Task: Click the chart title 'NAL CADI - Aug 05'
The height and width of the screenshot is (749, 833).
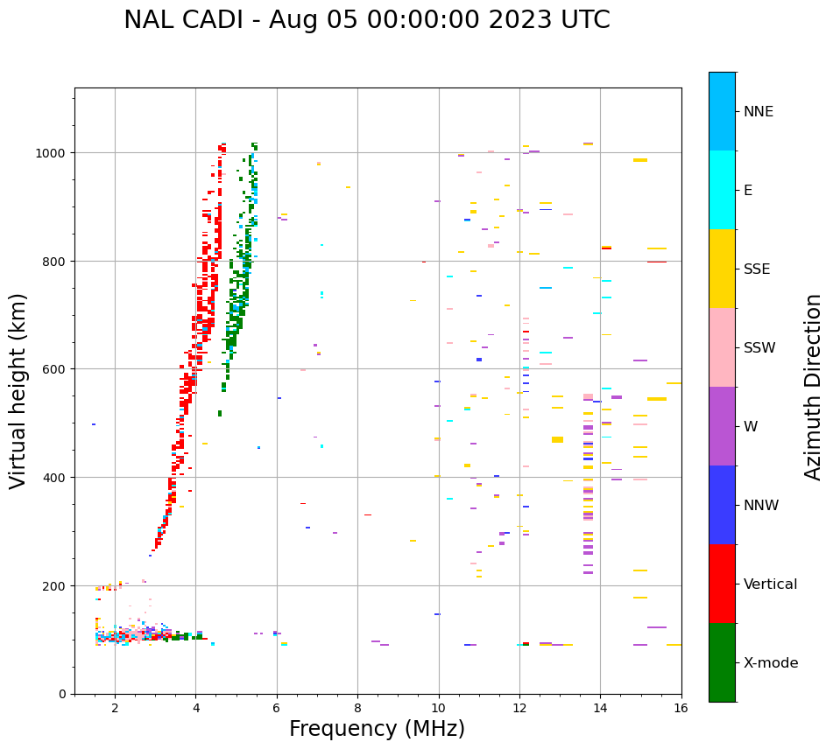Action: [366, 20]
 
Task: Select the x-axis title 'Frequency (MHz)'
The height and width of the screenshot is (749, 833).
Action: [377, 729]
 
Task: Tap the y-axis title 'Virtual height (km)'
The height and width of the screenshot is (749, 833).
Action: [18, 390]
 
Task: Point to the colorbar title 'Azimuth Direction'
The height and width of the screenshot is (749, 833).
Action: [814, 387]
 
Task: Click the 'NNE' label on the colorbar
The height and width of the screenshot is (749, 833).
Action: [759, 111]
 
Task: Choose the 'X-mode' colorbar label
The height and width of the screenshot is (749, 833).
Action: [771, 663]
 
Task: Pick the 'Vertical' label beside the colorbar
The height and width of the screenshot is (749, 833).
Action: [771, 584]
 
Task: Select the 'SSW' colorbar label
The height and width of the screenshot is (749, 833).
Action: [759, 348]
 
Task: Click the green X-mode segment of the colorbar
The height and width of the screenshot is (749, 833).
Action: [722, 662]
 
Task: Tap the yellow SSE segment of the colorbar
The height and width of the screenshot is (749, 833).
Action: [722, 269]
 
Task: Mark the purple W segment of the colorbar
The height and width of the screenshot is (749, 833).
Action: [722, 426]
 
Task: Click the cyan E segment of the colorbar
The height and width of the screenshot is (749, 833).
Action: [722, 190]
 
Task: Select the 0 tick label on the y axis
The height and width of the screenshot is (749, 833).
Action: [62, 694]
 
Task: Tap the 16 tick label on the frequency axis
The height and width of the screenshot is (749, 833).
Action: [681, 710]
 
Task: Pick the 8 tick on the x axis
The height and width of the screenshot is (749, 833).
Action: [357, 710]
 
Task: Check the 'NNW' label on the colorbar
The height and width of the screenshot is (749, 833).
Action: [762, 506]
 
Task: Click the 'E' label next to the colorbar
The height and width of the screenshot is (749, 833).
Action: [748, 191]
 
